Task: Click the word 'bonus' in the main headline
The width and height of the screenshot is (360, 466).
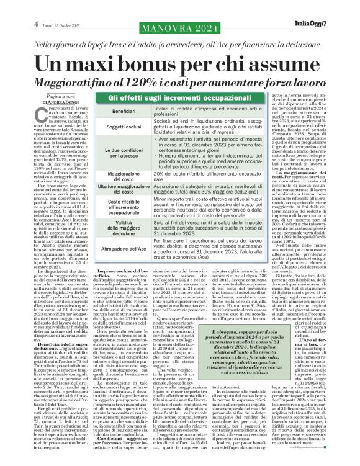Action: click(164, 63)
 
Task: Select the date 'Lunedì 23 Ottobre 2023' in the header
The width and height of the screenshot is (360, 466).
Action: click(56, 7)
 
